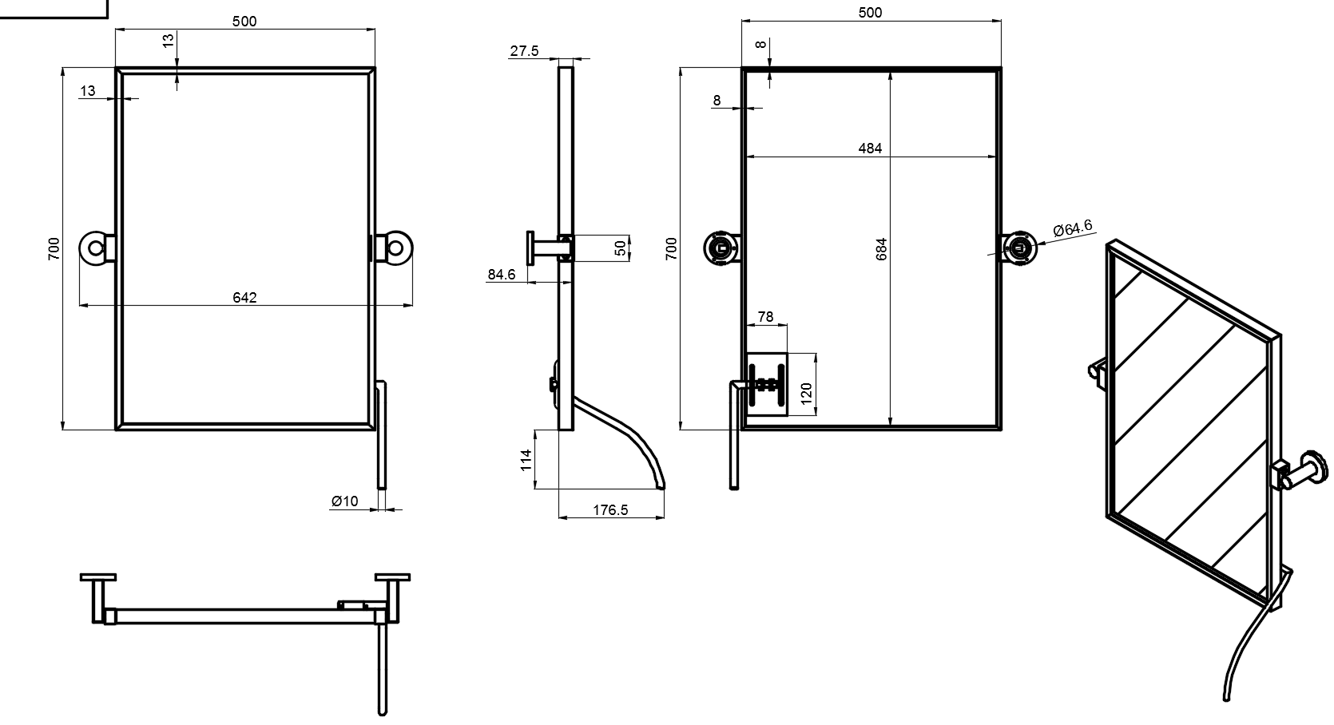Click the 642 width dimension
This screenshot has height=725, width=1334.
coord(244,297)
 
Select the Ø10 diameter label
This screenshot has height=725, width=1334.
coord(345,501)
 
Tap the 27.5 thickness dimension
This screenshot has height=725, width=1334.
coord(524,51)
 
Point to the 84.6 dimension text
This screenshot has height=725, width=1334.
coord(502,275)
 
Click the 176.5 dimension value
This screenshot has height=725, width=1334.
coord(610,509)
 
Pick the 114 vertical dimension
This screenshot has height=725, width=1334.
coord(526,459)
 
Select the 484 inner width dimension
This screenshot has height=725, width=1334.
coord(870,148)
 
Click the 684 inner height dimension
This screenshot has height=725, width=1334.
coord(882,249)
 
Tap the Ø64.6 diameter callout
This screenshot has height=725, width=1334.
coord(1073,228)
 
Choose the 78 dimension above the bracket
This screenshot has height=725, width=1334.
coord(765,317)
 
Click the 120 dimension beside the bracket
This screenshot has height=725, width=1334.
coord(806,392)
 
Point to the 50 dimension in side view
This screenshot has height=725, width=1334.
coord(621,248)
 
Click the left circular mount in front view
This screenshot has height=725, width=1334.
coord(95,248)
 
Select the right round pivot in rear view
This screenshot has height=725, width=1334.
coord(1019,248)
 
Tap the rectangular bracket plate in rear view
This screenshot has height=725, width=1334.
coord(767,385)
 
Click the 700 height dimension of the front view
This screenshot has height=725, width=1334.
coord(54,249)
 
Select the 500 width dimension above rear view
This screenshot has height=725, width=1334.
coord(870,13)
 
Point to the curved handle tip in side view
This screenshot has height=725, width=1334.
coord(660,487)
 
